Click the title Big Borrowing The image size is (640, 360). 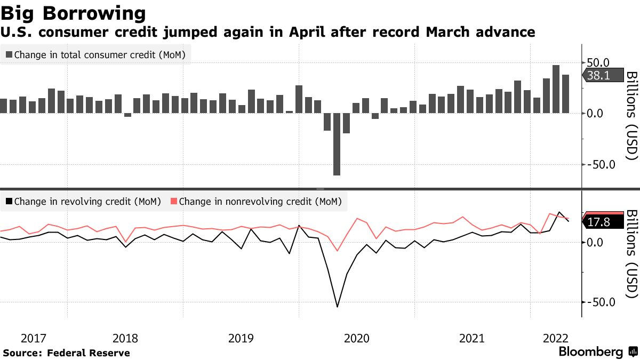point(74,12)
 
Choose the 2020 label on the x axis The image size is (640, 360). point(357,338)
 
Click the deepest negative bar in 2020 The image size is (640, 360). point(337,144)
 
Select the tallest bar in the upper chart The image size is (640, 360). point(556,89)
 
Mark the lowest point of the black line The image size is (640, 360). point(337,307)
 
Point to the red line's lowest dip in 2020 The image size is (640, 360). point(337,250)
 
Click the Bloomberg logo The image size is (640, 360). point(591,352)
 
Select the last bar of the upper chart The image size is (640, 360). point(565,94)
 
